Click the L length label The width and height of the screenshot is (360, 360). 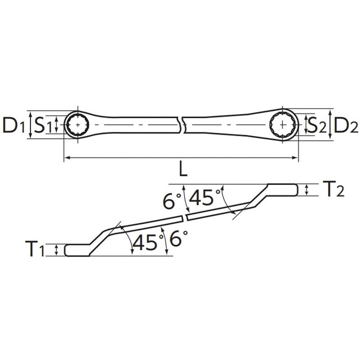pos(181,170)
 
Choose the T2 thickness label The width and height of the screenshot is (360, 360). pos(333,189)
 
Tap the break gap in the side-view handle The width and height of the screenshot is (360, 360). pos(185,218)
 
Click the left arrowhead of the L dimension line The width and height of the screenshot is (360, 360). pos(67,157)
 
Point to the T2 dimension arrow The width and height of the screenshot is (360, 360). pos(306,190)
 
